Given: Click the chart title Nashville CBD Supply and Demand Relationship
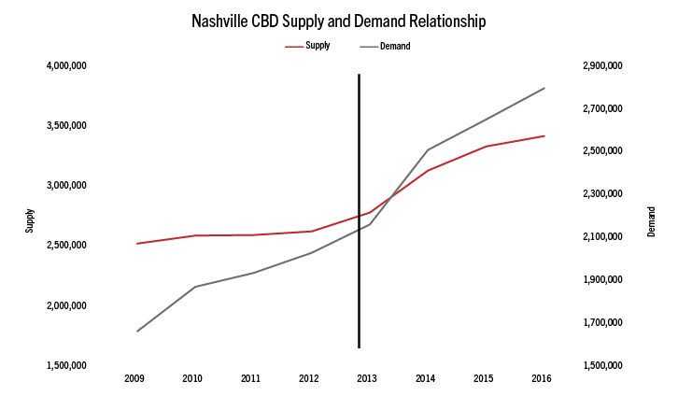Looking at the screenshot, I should coord(339,20).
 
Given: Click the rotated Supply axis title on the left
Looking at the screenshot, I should coord(30,221).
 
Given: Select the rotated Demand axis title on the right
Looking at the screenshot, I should coord(651,221).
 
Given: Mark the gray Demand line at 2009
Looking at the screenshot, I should coord(136,332).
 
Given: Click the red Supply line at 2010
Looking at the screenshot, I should coord(194,235).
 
